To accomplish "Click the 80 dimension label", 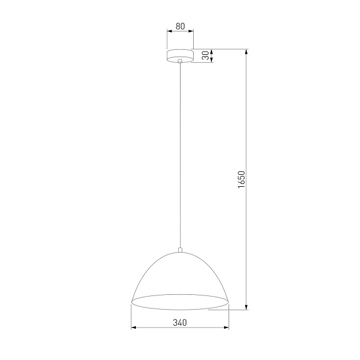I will pyautogui.click(x=180, y=27).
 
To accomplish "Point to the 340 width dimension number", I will pyautogui.click(x=180, y=322).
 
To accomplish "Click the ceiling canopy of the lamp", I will pyautogui.click(x=180, y=55).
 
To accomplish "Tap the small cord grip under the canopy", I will pyautogui.click(x=180, y=61).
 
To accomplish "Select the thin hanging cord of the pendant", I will pyautogui.click(x=180, y=154).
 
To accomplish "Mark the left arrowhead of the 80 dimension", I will pyautogui.click(x=169, y=33).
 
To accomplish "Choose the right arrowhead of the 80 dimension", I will pyautogui.click(x=191, y=33).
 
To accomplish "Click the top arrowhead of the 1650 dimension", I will pyautogui.click(x=246, y=52).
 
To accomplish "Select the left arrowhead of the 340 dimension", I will pyautogui.click(x=134, y=328).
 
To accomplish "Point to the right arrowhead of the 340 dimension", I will pyautogui.click(x=226, y=328).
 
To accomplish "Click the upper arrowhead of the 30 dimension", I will pyautogui.click(x=212, y=51).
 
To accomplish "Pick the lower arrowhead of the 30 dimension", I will pyautogui.click(x=212, y=60).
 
